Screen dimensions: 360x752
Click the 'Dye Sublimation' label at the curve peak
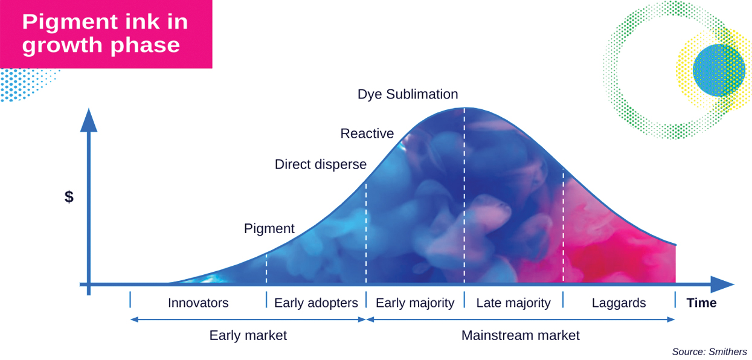click(408, 94)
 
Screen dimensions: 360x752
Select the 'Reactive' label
click(367, 133)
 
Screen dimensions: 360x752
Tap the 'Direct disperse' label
click(320, 164)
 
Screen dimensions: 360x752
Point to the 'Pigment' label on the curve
click(269, 229)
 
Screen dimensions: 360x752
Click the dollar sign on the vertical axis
click(69, 197)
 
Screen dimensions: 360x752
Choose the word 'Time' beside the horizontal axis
click(701, 303)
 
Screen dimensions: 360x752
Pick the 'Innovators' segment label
click(198, 303)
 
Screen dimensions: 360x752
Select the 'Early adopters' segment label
click(316, 303)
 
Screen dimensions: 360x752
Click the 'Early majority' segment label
click(415, 303)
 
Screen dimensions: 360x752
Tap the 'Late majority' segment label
click(513, 303)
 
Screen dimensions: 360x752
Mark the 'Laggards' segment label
click(619, 303)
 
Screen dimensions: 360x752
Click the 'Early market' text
click(248, 335)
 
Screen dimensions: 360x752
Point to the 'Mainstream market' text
click(520, 335)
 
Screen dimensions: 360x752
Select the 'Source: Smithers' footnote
click(709, 352)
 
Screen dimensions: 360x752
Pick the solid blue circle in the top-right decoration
click(718, 70)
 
